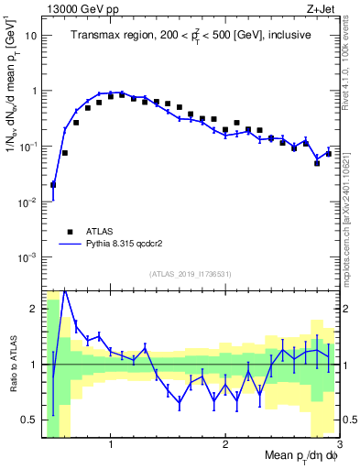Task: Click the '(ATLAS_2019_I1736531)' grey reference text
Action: (x=191, y=273)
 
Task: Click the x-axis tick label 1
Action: (x=111, y=444)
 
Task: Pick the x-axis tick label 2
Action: (x=225, y=444)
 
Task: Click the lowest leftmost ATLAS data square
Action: (x=53, y=184)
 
